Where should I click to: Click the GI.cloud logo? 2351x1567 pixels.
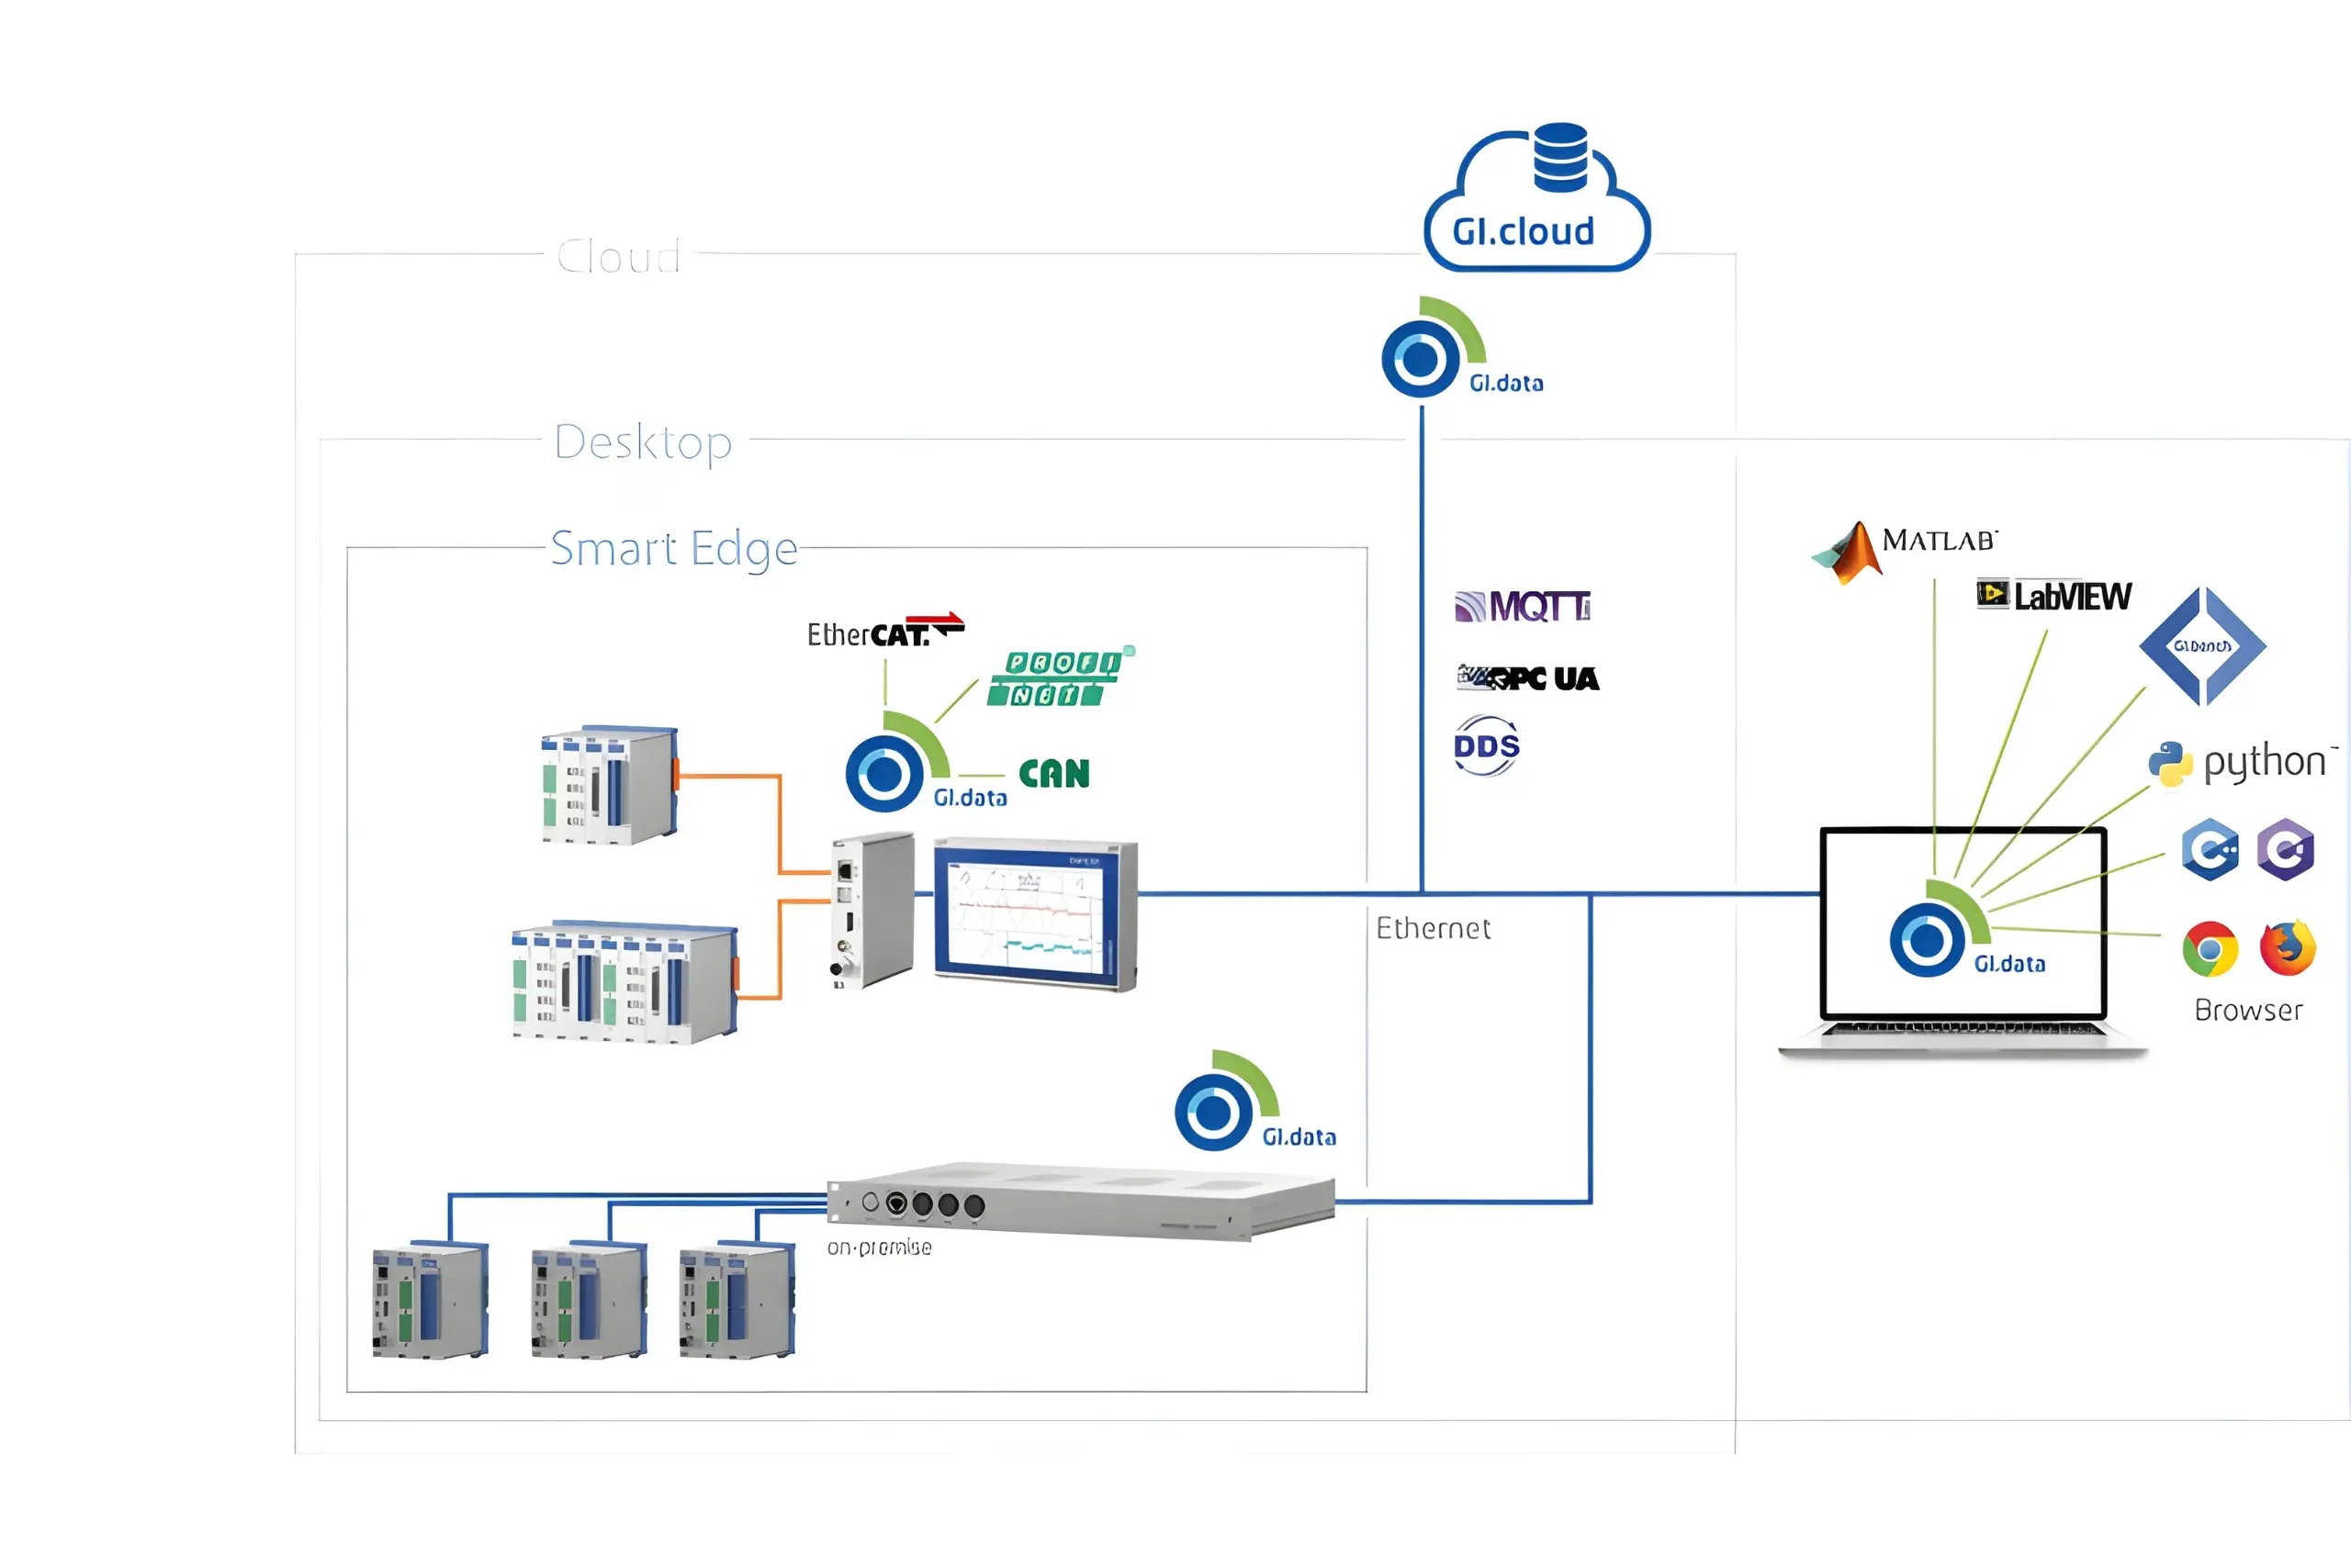coord(1536,200)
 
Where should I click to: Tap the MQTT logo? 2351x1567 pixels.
coord(1523,607)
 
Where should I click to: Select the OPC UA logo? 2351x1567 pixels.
coord(1528,678)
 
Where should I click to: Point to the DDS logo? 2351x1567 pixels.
coord(1487,745)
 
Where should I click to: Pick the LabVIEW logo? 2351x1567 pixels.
coord(2054,596)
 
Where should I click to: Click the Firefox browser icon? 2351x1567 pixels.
coord(2287,947)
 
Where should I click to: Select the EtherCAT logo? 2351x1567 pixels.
coord(884,632)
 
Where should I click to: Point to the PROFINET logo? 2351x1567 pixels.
coord(1059,677)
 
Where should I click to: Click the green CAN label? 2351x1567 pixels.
coord(1053,774)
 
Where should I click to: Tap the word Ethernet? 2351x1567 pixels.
coord(1433,928)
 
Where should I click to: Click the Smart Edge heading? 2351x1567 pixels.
coord(674,549)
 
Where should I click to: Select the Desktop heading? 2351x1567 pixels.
coord(643,442)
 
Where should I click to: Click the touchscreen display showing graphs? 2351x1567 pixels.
coord(1035,914)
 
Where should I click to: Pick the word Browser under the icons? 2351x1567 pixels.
coord(2248,1011)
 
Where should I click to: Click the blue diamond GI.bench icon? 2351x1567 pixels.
coord(2202,646)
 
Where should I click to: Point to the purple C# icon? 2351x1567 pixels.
coord(2286,849)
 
